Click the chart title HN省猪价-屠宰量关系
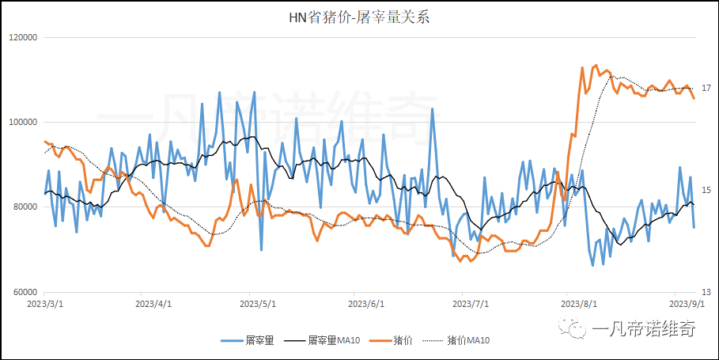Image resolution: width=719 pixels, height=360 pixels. coord(358,17)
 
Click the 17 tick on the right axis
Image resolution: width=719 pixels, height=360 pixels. coord(706,88)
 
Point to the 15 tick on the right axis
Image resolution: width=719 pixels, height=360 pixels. coord(706,190)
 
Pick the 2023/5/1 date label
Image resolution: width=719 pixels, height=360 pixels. coord(259,303)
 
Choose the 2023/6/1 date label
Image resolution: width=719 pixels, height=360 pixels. coord(365,303)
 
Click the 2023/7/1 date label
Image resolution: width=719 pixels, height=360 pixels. coord(471,303)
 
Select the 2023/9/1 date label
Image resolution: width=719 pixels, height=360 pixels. coord(685,303)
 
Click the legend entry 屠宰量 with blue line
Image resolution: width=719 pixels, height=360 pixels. coord(259,340)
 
